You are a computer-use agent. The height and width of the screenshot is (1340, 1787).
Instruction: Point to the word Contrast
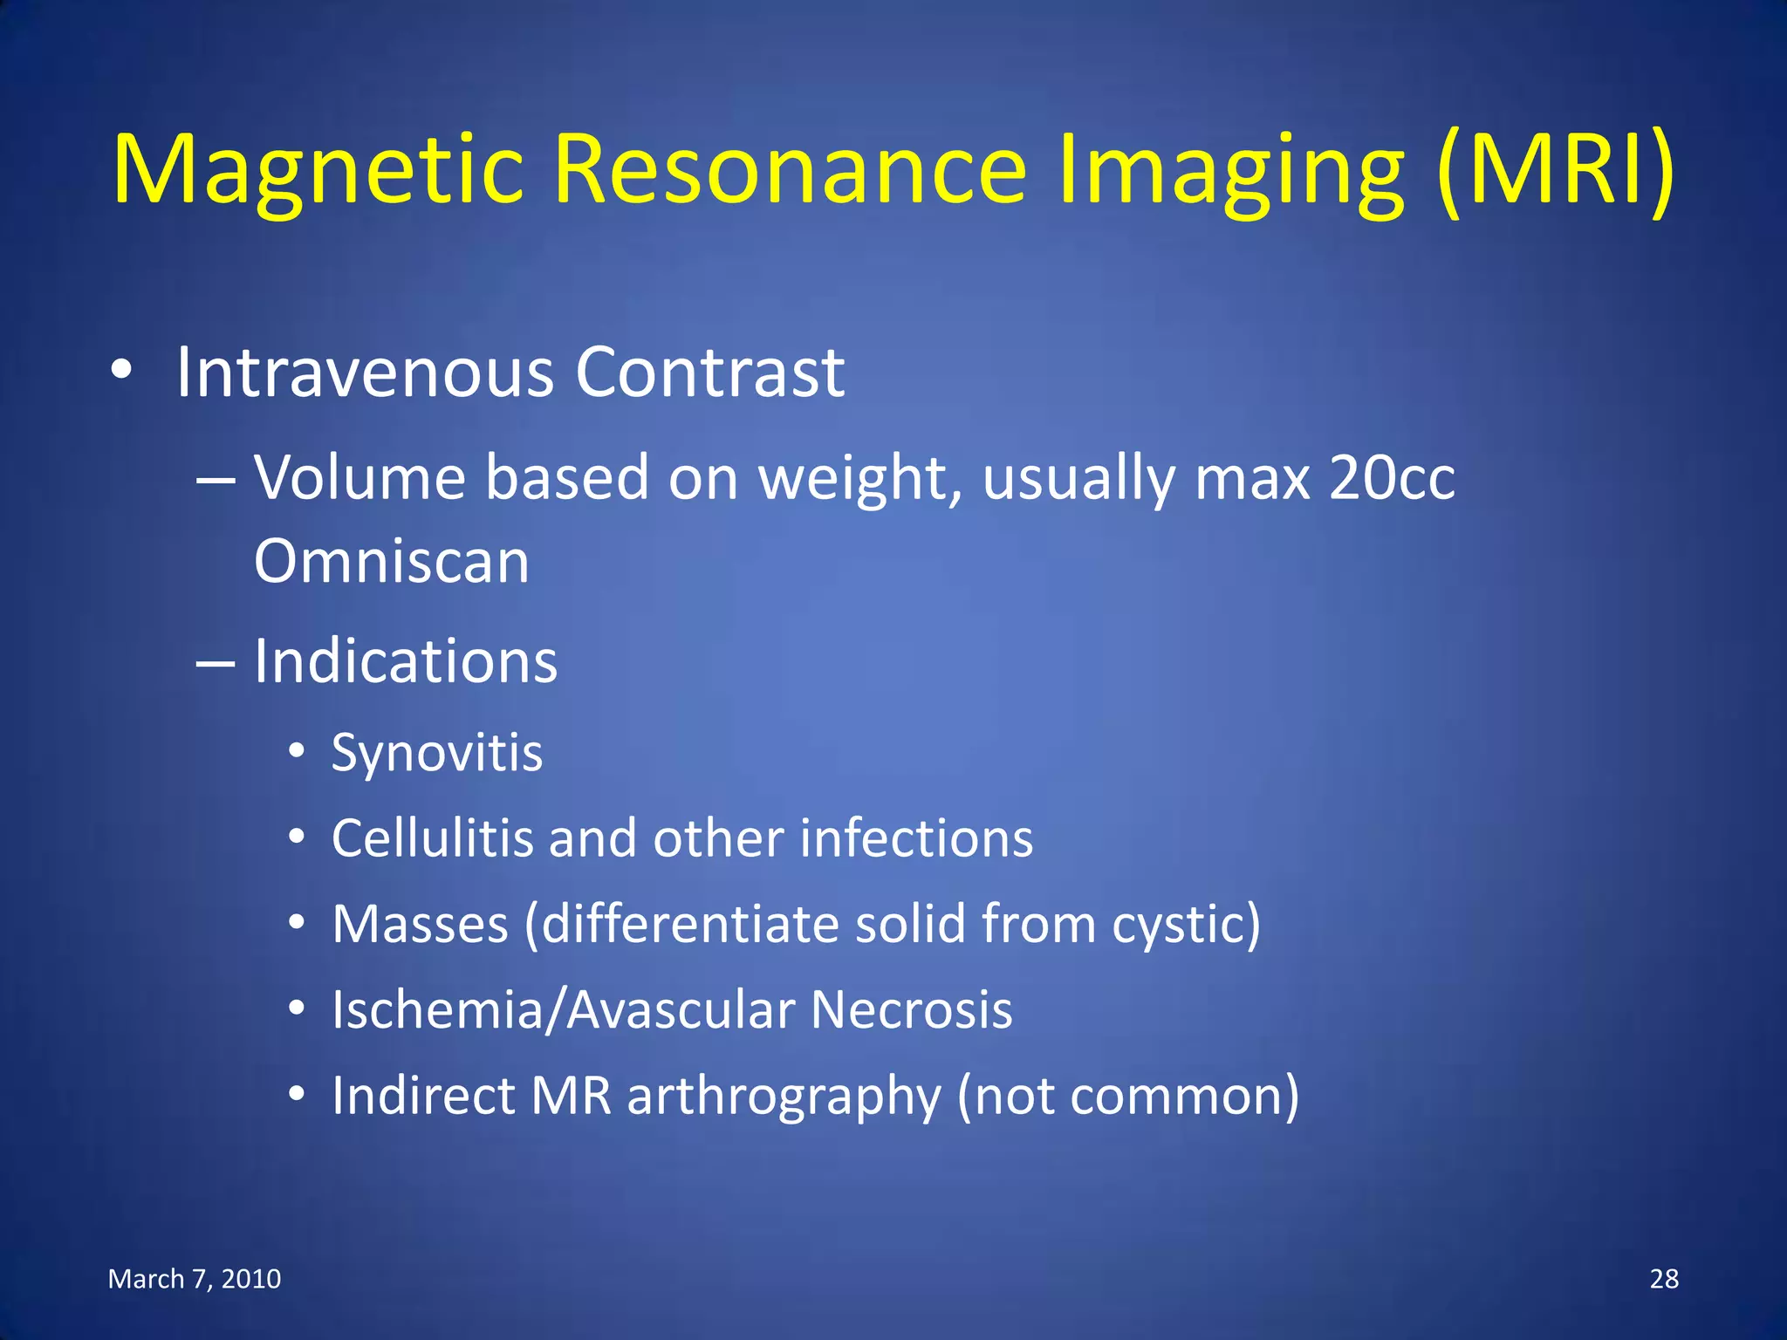(709, 373)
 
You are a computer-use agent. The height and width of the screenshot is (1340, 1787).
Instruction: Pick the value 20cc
(1392, 479)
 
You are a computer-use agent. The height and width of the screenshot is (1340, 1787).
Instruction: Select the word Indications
(406, 661)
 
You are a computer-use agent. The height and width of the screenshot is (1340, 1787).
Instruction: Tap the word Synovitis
(437, 753)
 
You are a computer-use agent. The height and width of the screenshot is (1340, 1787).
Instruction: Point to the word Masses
(421, 924)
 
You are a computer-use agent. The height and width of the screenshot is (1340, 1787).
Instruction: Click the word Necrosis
(911, 1010)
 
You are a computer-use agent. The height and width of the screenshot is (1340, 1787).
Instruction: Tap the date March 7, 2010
(195, 1279)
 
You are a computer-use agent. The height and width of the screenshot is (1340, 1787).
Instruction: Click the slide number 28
(1664, 1279)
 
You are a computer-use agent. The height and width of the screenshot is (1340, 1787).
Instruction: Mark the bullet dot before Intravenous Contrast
(121, 371)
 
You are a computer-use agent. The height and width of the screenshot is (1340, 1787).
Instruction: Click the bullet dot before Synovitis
(298, 750)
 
